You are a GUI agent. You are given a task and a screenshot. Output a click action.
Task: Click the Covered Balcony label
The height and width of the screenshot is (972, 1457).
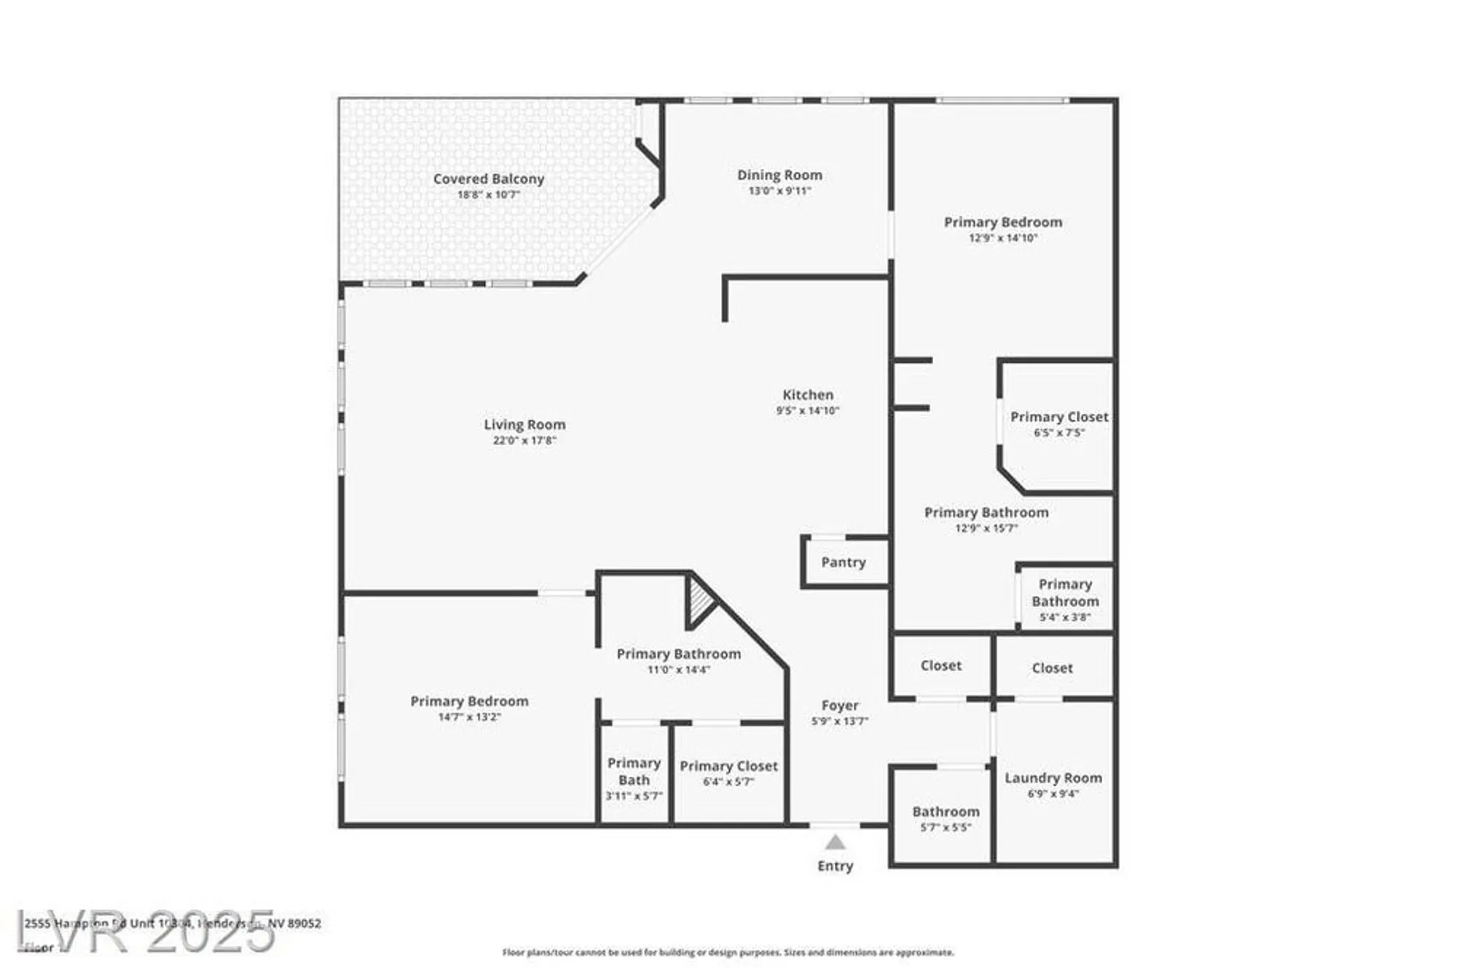click(488, 179)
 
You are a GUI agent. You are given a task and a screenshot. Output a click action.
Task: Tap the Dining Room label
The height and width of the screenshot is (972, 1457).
click(779, 175)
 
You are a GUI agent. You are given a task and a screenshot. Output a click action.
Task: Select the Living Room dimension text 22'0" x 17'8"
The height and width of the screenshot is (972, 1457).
click(525, 440)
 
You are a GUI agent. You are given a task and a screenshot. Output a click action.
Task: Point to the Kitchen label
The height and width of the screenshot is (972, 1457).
click(808, 395)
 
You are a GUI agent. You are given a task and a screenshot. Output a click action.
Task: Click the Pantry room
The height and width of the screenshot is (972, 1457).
click(844, 563)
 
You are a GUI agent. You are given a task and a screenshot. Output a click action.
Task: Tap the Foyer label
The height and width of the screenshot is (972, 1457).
click(840, 705)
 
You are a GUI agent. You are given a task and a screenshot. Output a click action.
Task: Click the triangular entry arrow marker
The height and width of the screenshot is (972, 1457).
click(835, 843)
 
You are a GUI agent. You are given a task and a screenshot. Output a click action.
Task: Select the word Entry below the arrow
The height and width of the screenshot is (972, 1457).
click(835, 866)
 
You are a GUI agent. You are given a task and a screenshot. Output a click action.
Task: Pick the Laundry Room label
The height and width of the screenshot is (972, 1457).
click(1053, 778)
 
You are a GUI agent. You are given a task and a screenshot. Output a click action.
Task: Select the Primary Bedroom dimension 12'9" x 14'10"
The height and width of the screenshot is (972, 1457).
click(1002, 238)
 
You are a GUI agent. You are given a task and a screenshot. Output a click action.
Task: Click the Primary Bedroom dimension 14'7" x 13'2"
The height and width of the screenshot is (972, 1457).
click(469, 717)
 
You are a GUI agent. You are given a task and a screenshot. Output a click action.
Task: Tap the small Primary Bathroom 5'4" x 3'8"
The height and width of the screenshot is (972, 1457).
click(1065, 600)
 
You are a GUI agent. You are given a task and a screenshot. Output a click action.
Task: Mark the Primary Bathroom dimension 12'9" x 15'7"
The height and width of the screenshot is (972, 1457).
click(986, 528)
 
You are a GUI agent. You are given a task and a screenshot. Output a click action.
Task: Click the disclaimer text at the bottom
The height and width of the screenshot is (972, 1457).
click(728, 952)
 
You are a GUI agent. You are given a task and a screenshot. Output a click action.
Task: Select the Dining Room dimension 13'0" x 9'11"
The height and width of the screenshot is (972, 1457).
click(779, 191)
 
